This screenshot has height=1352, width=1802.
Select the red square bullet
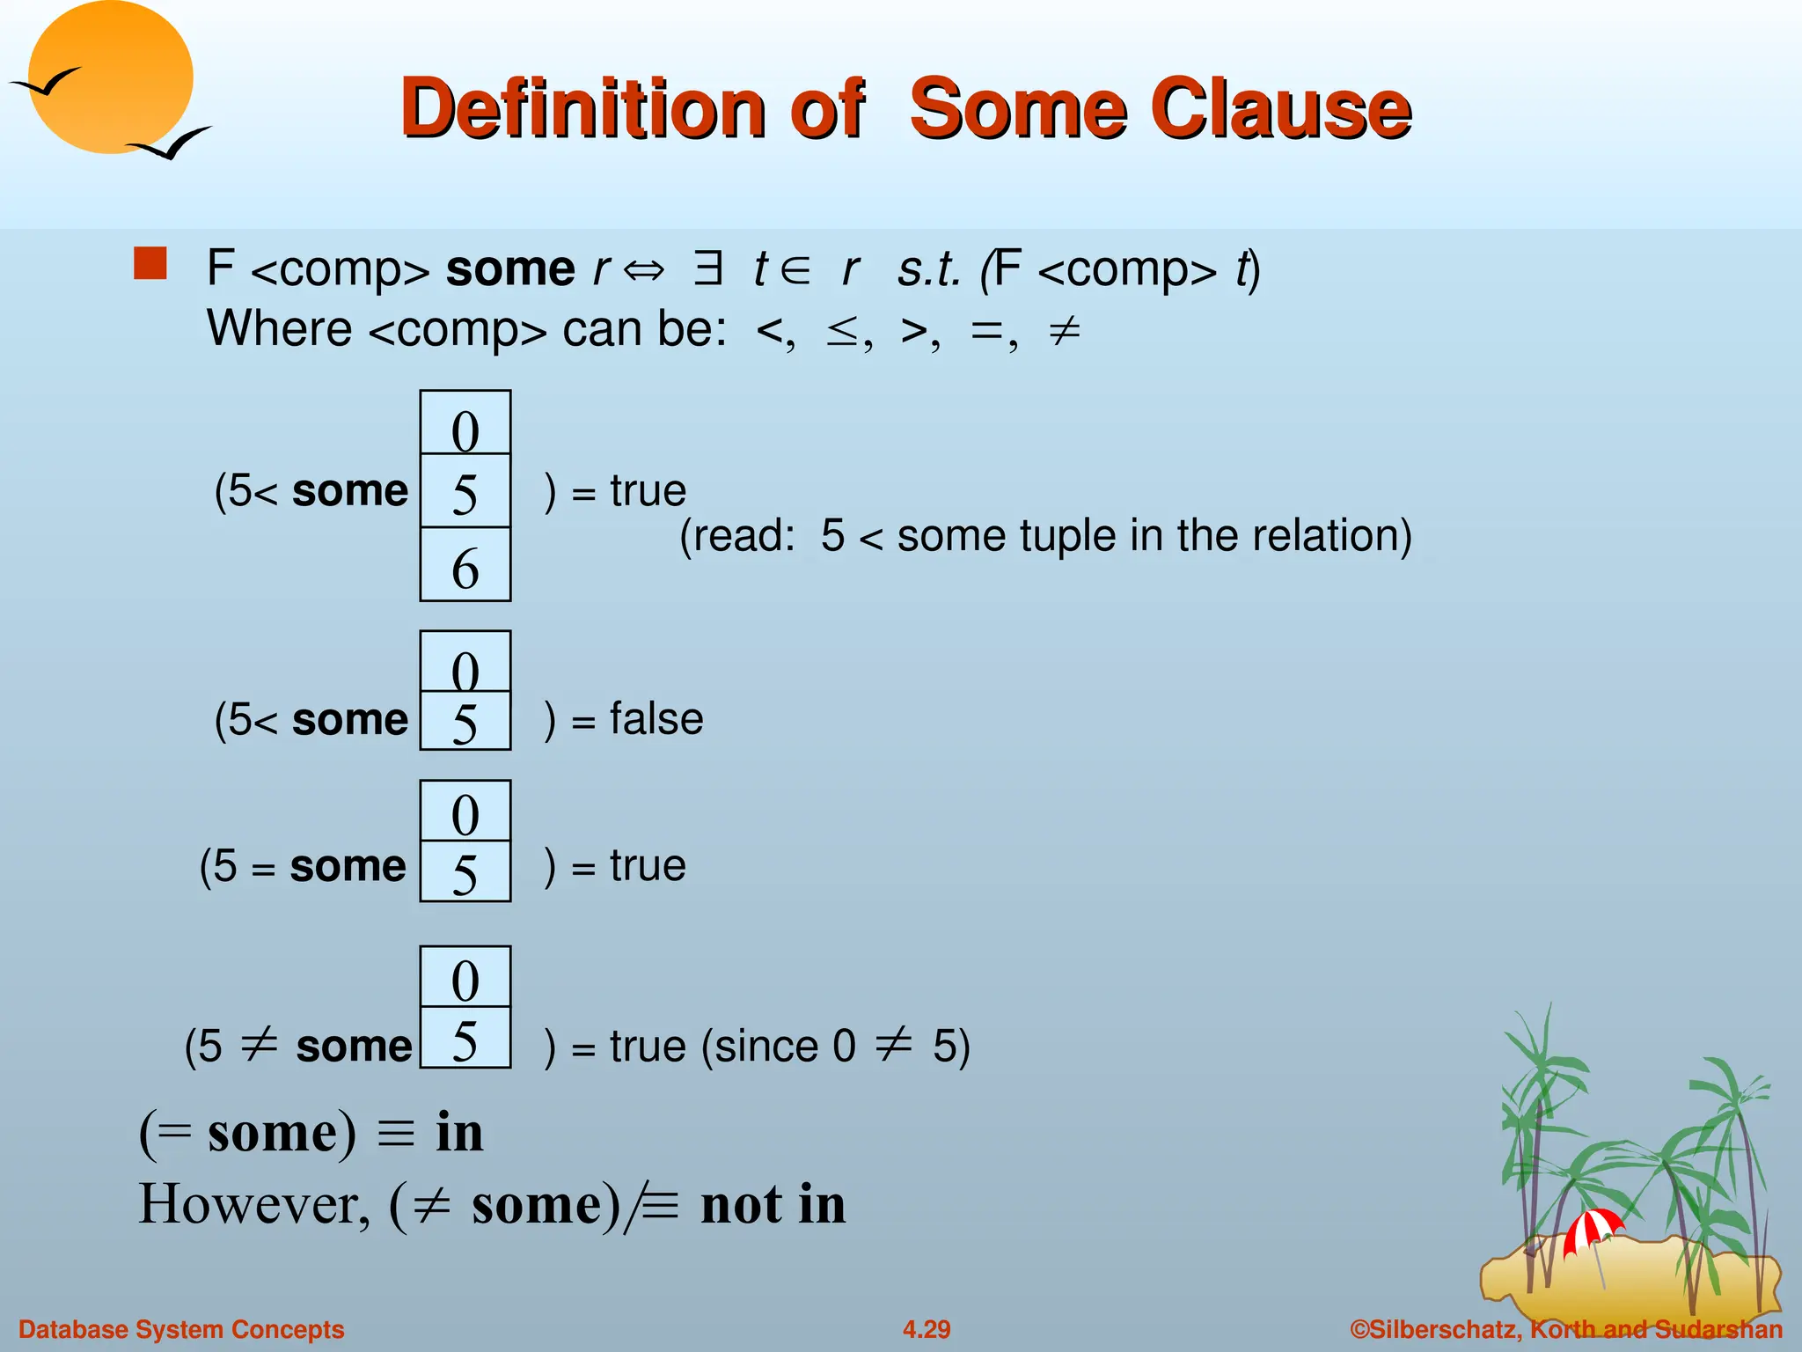(150, 263)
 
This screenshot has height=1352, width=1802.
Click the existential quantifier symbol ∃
(707, 268)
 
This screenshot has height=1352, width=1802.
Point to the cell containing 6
(465, 566)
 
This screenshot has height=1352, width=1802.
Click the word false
(656, 719)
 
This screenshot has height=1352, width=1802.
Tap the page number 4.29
(927, 1329)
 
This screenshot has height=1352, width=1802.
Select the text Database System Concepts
(181, 1329)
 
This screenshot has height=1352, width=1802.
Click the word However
(254, 1204)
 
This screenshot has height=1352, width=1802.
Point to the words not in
(773, 1204)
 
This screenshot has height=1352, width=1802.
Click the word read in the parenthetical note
(751, 535)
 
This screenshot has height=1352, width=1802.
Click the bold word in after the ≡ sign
(459, 1132)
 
